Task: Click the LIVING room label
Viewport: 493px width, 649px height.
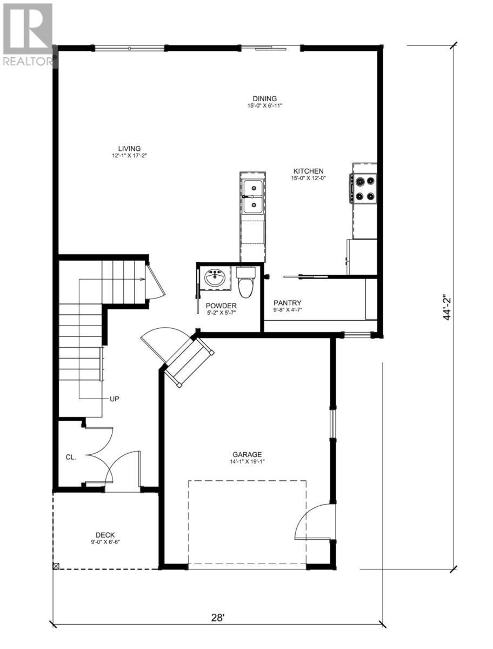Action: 130,148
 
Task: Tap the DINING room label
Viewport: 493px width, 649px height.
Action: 265,98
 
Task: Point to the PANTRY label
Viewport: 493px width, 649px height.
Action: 287,303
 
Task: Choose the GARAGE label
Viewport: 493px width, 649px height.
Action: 247,454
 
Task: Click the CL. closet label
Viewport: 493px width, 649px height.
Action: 71,457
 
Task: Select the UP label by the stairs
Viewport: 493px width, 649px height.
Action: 114,399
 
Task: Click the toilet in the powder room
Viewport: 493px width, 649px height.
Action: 246,282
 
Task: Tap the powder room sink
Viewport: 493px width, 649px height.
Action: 215,280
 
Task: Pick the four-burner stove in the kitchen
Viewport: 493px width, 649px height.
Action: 365,188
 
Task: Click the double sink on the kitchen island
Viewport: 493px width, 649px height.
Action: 252,196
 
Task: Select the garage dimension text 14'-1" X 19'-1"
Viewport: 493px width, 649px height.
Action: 247,462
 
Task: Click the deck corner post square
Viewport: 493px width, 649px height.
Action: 56,566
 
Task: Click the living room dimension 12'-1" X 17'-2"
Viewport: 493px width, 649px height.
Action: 130,156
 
